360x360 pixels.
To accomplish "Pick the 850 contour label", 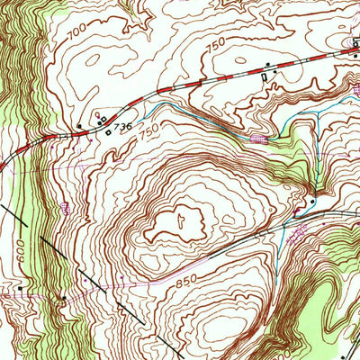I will (x=187, y=282).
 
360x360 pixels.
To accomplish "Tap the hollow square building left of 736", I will (x=109, y=133).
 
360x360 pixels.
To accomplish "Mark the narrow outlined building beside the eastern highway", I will (x=264, y=79).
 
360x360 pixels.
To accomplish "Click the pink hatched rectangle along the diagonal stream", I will (x=262, y=139).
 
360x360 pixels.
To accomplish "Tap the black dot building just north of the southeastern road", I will (x=312, y=202).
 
